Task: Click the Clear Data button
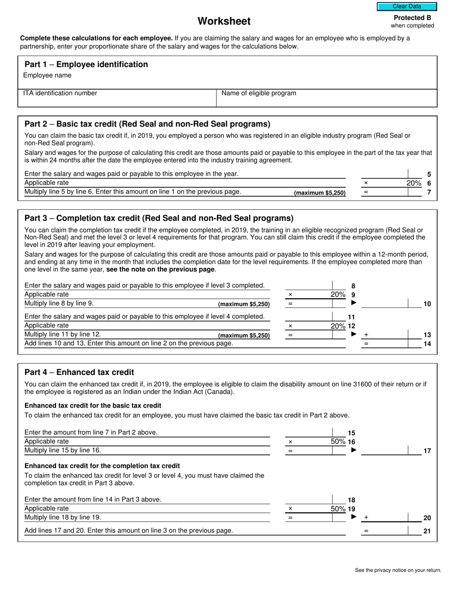[407, 7]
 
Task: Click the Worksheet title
[224, 22]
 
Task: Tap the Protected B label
[412, 18]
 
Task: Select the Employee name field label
[47, 75]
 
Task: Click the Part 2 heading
[148, 124]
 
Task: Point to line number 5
[429, 175]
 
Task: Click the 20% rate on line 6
[414, 183]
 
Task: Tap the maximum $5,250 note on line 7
[319, 193]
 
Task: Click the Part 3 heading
[159, 218]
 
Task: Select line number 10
[427, 304]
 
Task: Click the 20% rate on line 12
[338, 326]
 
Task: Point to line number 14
[427, 344]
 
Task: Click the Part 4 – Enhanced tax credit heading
[79, 372]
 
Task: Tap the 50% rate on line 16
[338, 442]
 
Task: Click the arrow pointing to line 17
[354, 450]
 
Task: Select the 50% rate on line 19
[338, 509]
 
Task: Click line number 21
[427, 531]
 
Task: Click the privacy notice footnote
[398, 570]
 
